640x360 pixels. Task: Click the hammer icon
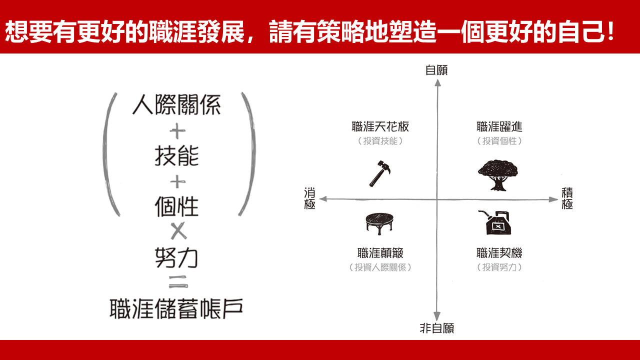pyautogui.click(x=379, y=173)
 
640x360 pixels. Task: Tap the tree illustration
pyautogui.click(x=497, y=175)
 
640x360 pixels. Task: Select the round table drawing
pyautogui.click(x=379, y=223)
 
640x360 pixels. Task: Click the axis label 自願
pyautogui.click(x=436, y=70)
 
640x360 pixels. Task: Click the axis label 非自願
pyautogui.click(x=437, y=328)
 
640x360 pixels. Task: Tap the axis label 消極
pyautogui.click(x=309, y=198)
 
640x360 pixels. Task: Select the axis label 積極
pyautogui.click(x=567, y=198)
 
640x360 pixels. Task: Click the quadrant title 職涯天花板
pyautogui.click(x=380, y=127)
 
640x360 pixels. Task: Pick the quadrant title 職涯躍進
pyautogui.click(x=499, y=127)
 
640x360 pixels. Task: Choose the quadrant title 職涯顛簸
pyautogui.click(x=380, y=253)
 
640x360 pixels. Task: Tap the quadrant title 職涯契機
pyautogui.click(x=499, y=253)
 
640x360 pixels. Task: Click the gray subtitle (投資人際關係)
pyautogui.click(x=380, y=267)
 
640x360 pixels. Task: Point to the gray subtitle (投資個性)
pyautogui.click(x=499, y=141)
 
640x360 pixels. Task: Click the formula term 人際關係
pyautogui.click(x=176, y=105)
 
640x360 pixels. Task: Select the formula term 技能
pyautogui.click(x=176, y=156)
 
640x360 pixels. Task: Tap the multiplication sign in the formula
pyautogui.click(x=178, y=231)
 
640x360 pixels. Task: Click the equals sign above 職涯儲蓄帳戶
pyautogui.click(x=178, y=281)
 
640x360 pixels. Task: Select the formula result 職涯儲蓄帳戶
pyautogui.click(x=176, y=309)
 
